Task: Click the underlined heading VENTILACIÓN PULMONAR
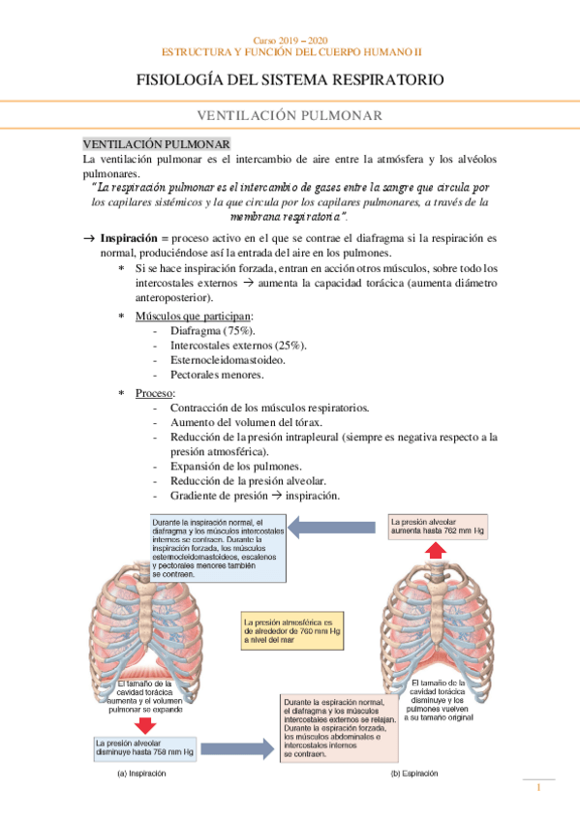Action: (155, 142)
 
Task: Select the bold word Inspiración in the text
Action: (131, 237)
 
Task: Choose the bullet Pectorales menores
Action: (217, 375)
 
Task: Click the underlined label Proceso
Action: (154, 394)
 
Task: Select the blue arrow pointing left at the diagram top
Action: (335, 527)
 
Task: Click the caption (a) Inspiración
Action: (141, 775)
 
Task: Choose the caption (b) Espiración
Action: (414, 775)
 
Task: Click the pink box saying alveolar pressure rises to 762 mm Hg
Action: (437, 527)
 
